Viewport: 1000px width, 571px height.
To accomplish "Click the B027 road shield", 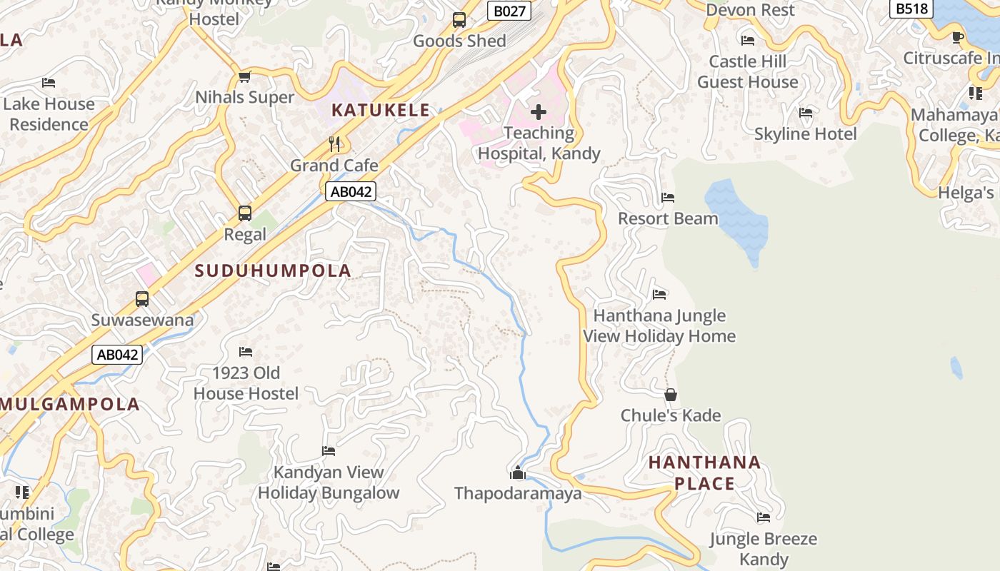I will tap(510, 10).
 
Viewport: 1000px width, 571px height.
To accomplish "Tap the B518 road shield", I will tap(911, 8).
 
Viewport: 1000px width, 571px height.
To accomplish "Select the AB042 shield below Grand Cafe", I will tap(351, 191).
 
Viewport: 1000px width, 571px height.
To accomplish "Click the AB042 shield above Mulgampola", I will tap(117, 354).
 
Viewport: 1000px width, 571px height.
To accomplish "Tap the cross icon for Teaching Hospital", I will tap(539, 112).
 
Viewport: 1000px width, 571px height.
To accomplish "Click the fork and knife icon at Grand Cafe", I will tap(334, 144).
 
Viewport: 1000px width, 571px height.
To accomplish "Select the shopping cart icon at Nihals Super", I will tap(245, 77).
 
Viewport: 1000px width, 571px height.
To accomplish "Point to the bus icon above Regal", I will tap(245, 213).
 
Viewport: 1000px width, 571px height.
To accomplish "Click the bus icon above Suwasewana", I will tap(142, 299).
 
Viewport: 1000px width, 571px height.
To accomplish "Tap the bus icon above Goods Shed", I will tap(459, 20).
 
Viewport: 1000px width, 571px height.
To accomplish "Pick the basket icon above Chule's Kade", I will tap(671, 395).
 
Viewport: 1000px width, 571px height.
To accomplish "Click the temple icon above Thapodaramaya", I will tap(518, 473).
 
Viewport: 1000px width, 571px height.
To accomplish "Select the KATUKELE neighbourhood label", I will tap(381, 110).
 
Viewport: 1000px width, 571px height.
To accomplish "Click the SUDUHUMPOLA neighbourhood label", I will tap(273, 271).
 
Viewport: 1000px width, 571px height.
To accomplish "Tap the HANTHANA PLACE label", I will tap(704, 473).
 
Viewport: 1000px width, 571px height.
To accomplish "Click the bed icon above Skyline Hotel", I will tap(806, 113).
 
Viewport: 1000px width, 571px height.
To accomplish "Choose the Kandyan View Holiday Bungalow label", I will tap(329, 482).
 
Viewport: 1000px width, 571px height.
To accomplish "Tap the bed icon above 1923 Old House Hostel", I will tap(246, 352).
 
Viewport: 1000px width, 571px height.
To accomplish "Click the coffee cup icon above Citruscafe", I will tap(958, 37).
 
